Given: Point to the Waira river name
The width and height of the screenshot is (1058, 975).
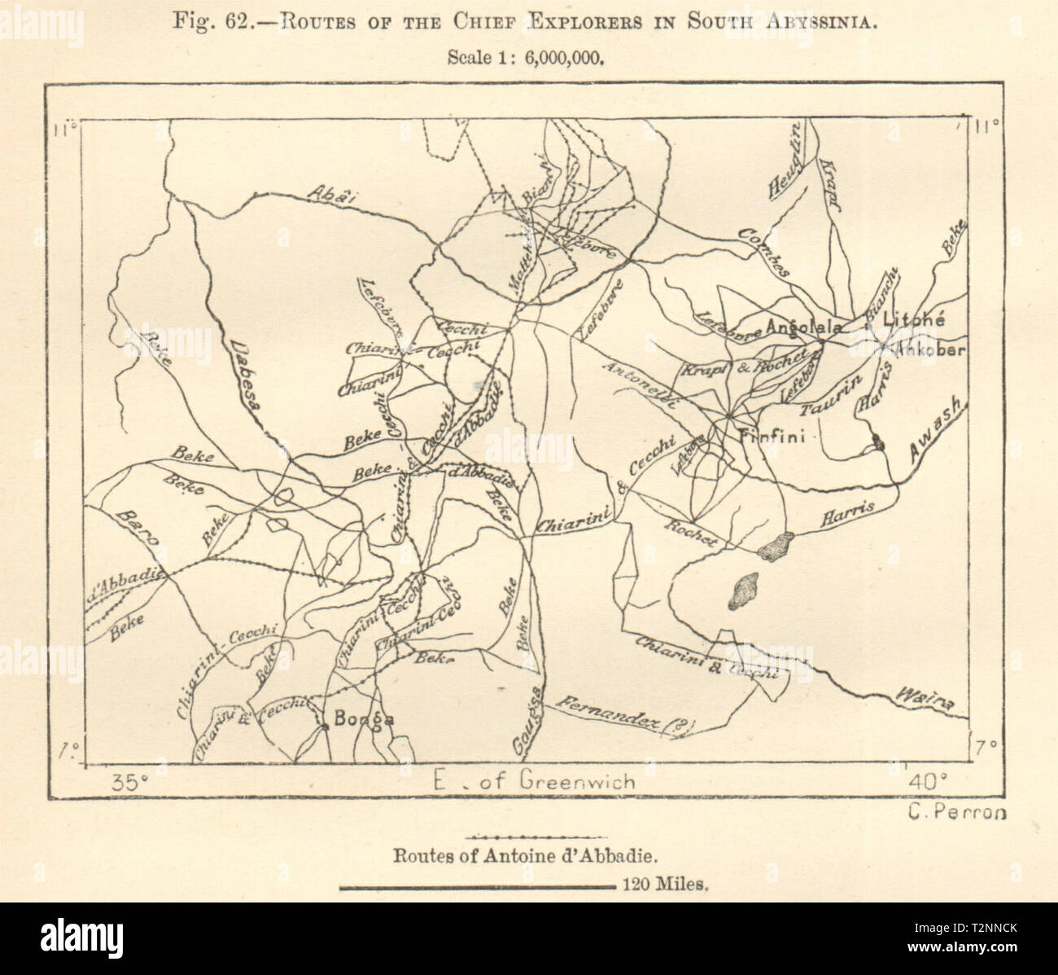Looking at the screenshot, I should [926, 697].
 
